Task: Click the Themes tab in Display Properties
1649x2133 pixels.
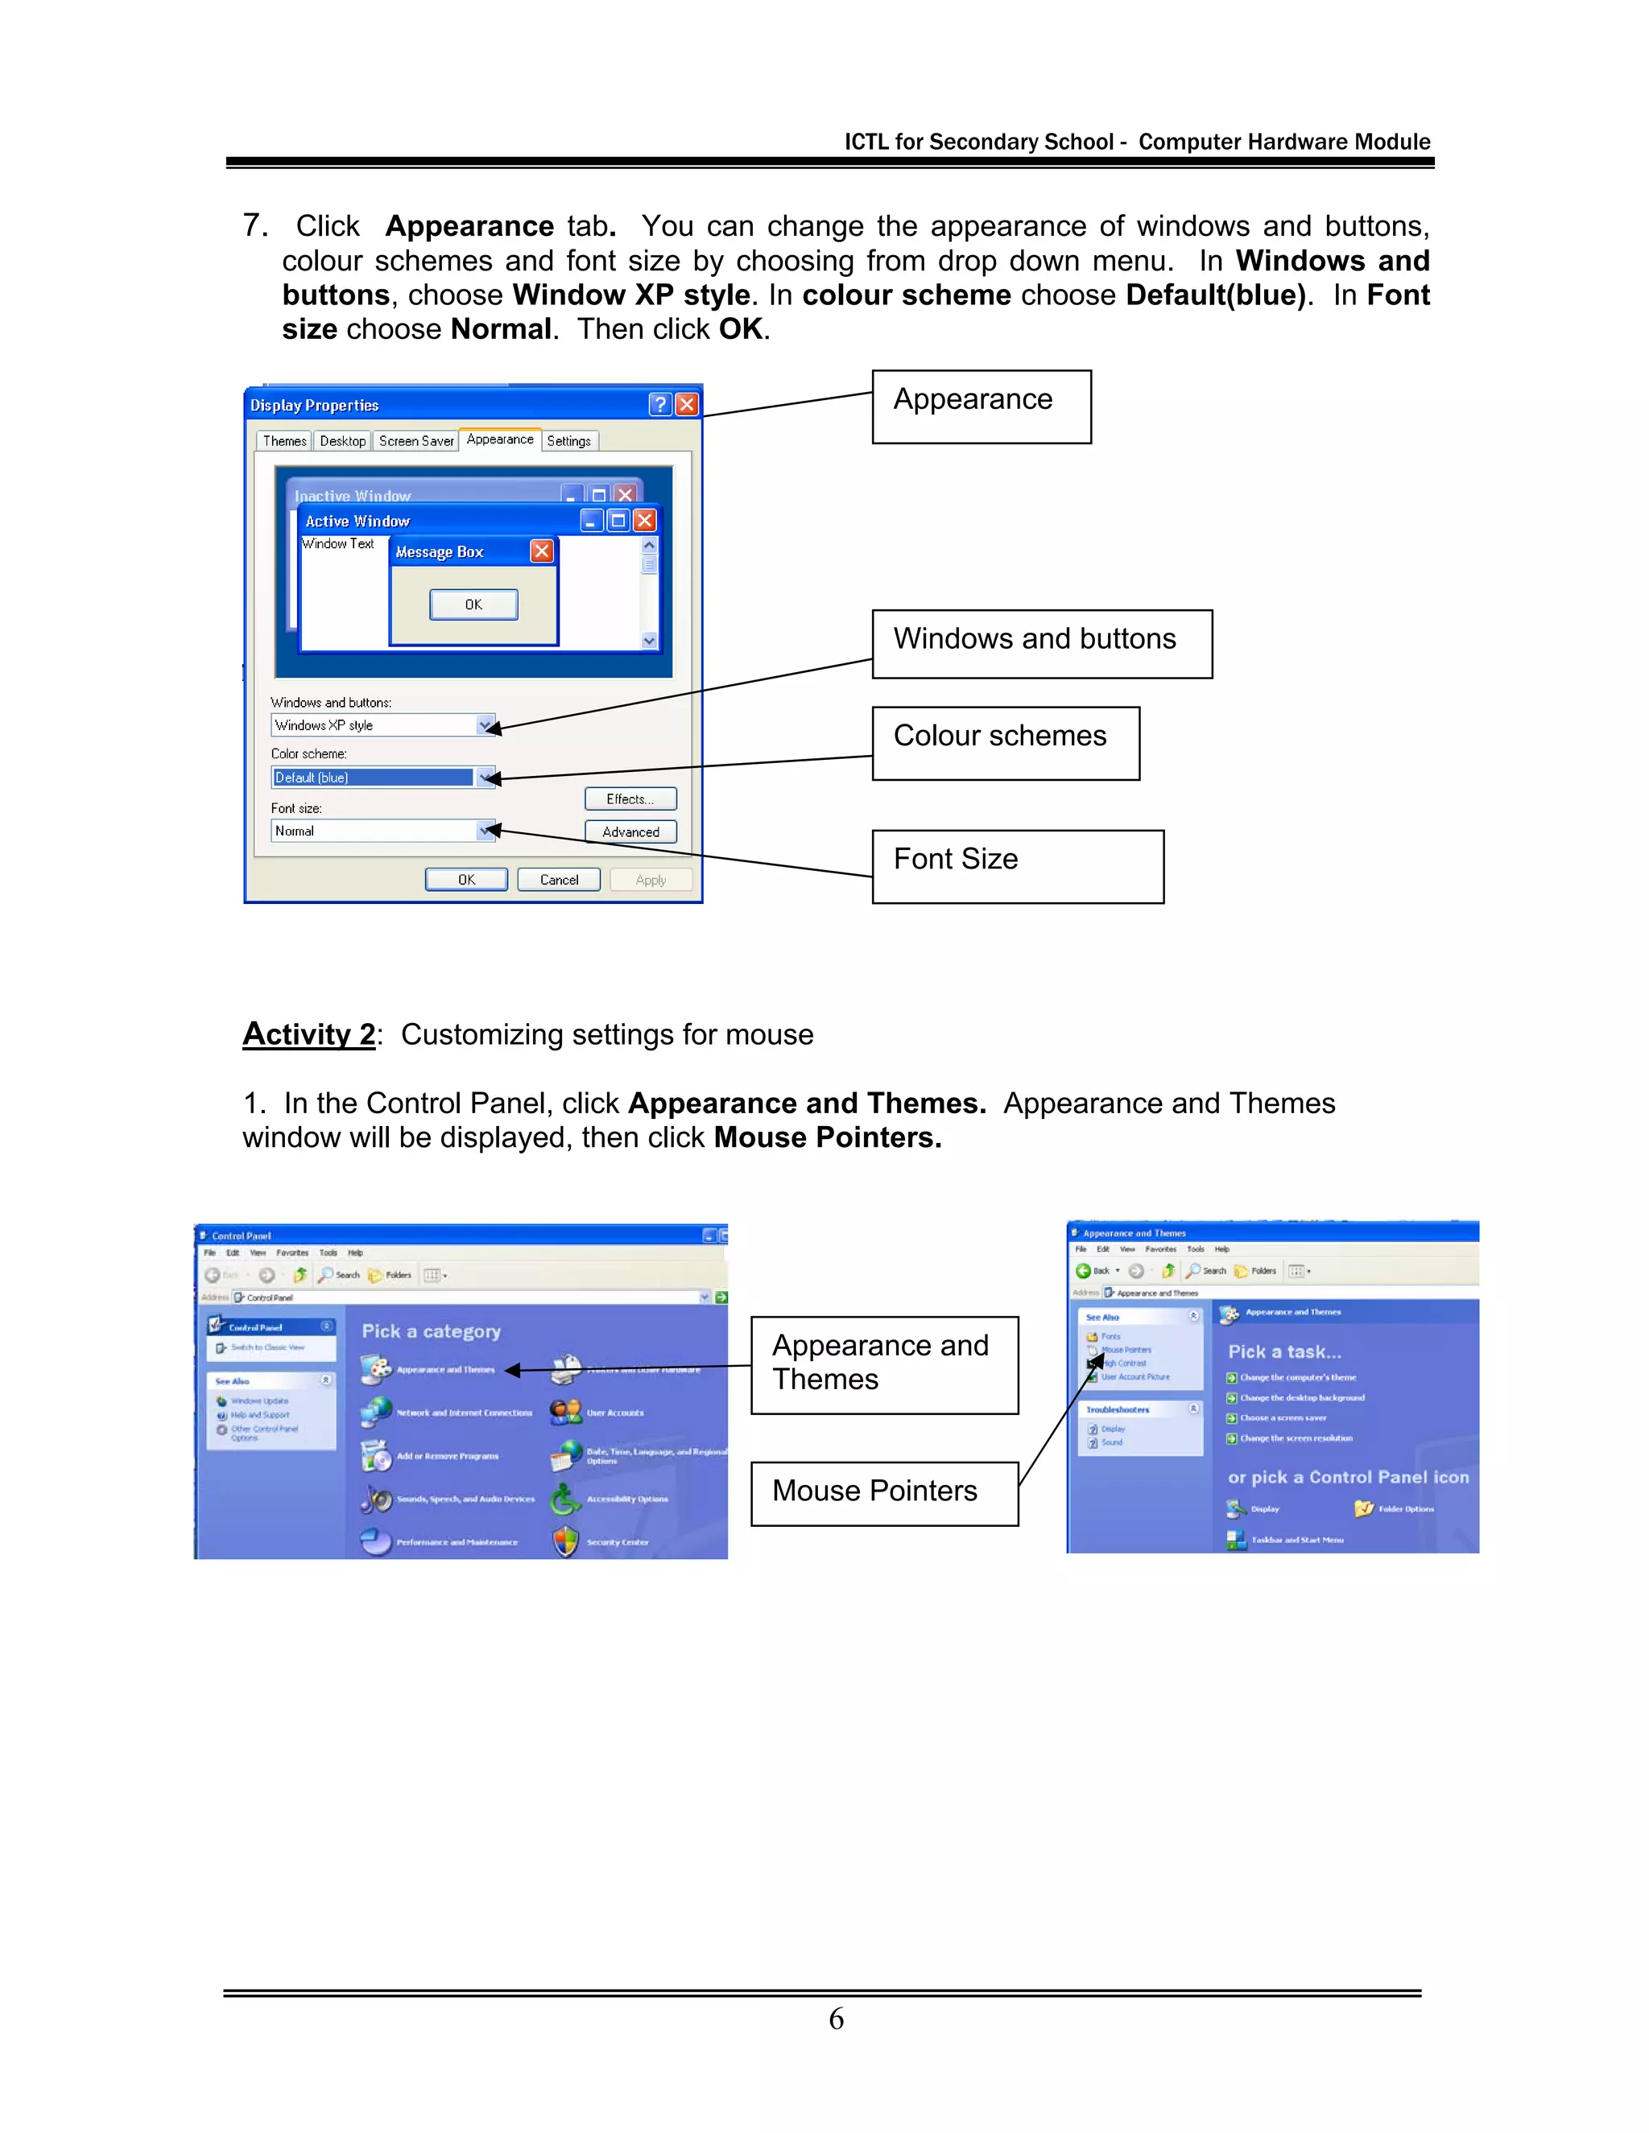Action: coord(284,441)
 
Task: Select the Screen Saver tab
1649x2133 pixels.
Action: coord(416,441)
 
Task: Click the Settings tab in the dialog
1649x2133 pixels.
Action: coord(568,441)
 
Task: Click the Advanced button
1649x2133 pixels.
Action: coord(630,832)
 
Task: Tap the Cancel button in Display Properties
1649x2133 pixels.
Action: coord(559,880)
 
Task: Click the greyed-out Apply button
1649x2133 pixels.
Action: coord(651,880)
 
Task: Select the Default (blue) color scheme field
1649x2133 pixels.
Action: coord(372,778)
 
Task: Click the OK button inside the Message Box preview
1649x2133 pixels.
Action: coord(473,604)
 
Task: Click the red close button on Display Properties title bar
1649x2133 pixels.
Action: coord(687,404)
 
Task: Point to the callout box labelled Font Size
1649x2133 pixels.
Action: coord(1017,866)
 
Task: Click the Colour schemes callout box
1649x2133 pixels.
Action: coord(1005,743)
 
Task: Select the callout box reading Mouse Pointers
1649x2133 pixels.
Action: coord(884,1493)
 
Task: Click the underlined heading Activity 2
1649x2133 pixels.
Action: coord(308,1034)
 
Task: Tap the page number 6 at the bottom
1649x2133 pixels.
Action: coord(837,2019)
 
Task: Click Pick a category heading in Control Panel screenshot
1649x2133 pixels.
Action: coord(431,1331)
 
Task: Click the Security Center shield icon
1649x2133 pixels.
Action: coord(565,1542)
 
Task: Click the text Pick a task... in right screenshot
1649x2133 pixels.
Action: coord(1283,1351)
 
